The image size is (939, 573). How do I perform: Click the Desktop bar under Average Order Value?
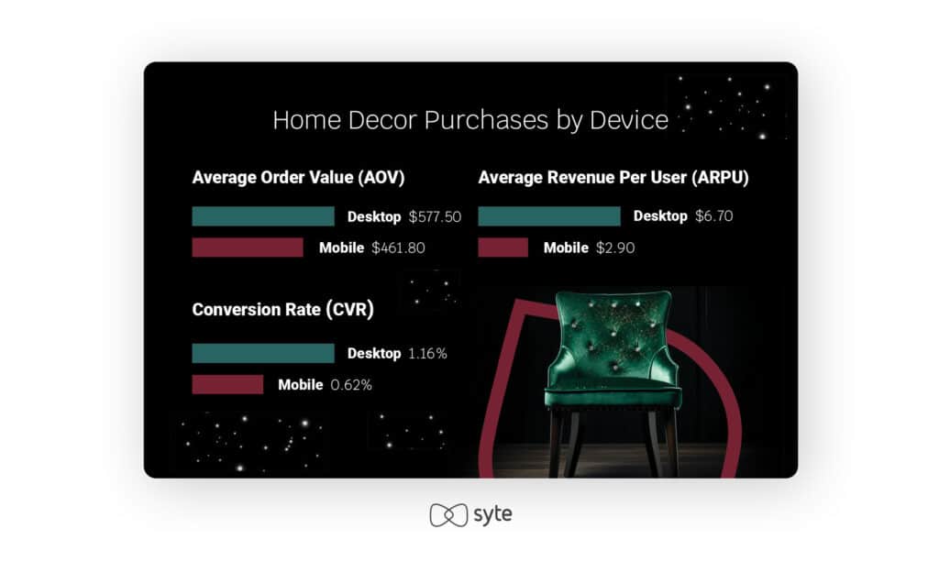[x=263, y=216]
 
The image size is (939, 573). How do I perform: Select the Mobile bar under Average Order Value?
[x=248, y=248]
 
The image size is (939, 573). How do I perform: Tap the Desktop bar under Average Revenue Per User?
[x=549, y=216]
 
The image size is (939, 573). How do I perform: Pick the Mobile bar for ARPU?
[x=503, y=248]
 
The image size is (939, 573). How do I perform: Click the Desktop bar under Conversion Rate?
[x=263, y=353]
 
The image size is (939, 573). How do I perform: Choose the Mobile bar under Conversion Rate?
[x=227, y=384]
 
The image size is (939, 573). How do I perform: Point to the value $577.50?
[x=435, y=216]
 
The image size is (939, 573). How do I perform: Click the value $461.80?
[x=398, y=248]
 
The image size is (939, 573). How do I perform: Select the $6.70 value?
[x=713, y=216]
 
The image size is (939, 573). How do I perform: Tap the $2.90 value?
[x=615, y=248]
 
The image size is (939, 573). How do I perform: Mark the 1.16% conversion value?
[x=427, y=353]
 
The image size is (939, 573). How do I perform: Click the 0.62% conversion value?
[x=351, y=385]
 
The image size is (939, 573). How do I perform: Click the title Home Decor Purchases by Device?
[x=470, y=120]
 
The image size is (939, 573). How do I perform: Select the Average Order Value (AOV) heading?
[x=298, y=178]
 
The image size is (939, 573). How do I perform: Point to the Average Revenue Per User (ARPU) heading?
[x=613, y=178]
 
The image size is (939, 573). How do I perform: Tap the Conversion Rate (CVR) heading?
[x=282, y=310]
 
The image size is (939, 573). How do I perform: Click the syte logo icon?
[x=448, y=515]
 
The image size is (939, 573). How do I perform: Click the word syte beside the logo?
[x=492, y=514]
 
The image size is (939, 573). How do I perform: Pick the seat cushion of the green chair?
[x=612, y=394]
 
